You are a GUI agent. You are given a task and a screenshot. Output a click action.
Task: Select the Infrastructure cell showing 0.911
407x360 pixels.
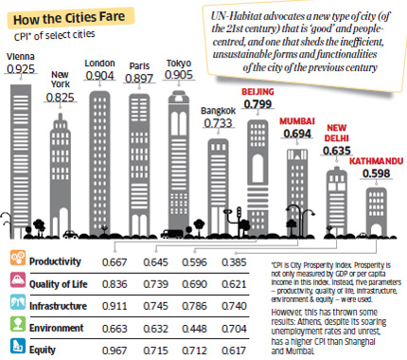click(144, 305)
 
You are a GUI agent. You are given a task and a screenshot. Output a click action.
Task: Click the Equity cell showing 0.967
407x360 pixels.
click(144, 350)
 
